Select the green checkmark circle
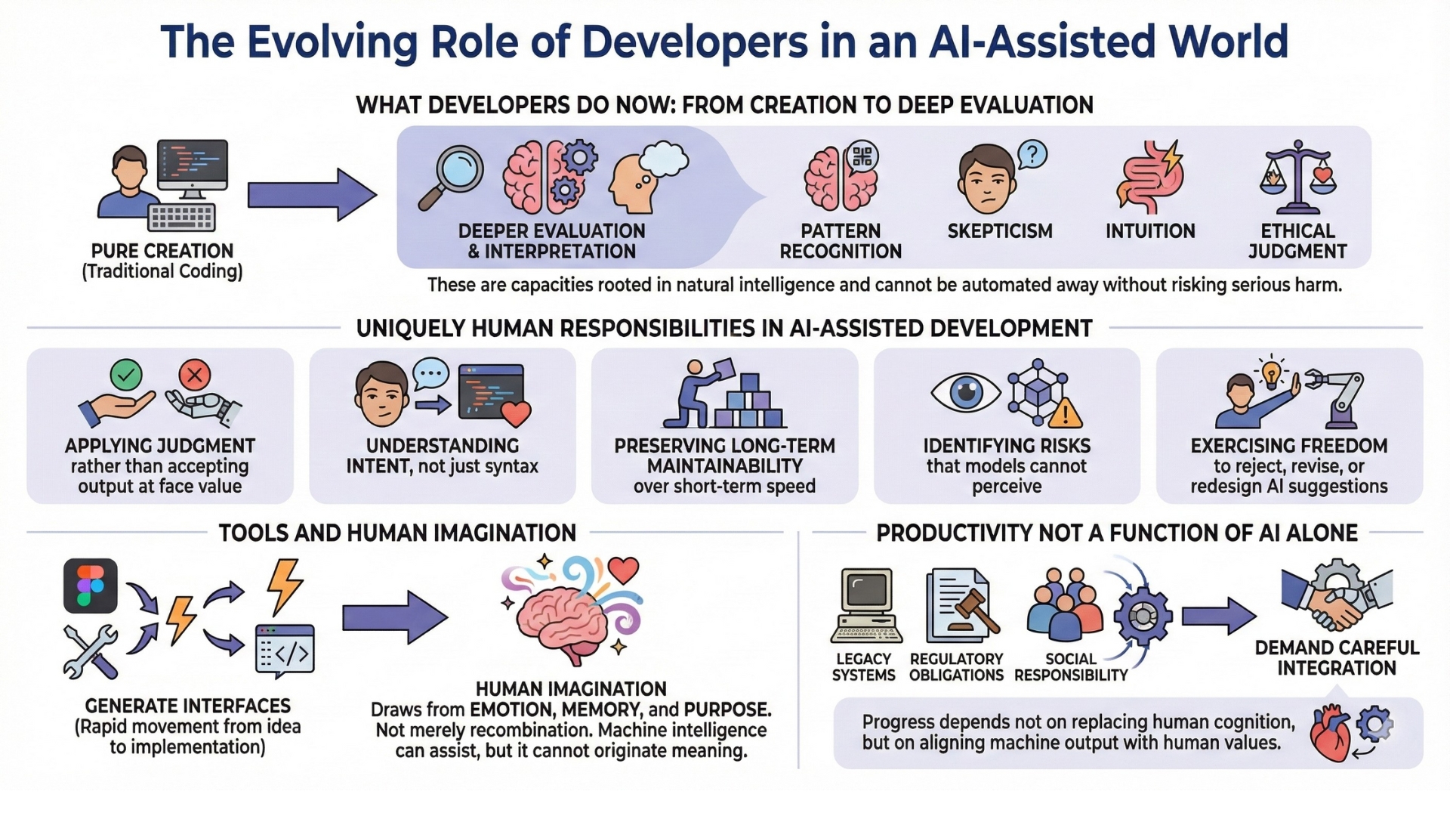click(x=126, y=374)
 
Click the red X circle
click(x=195, y=374)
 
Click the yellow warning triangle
click(x=1066, y=413)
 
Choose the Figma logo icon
click(x=91, y=586)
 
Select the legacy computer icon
click(x=866, y=604)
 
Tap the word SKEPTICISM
click(x=1000, y=231)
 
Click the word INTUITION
click(x=1150, y=231)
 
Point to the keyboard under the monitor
click(x=182, y=217)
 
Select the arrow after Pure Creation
click(x=312, y=195)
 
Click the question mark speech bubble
click(x=1032, y=155)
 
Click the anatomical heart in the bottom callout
click(x=1331, y=733)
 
